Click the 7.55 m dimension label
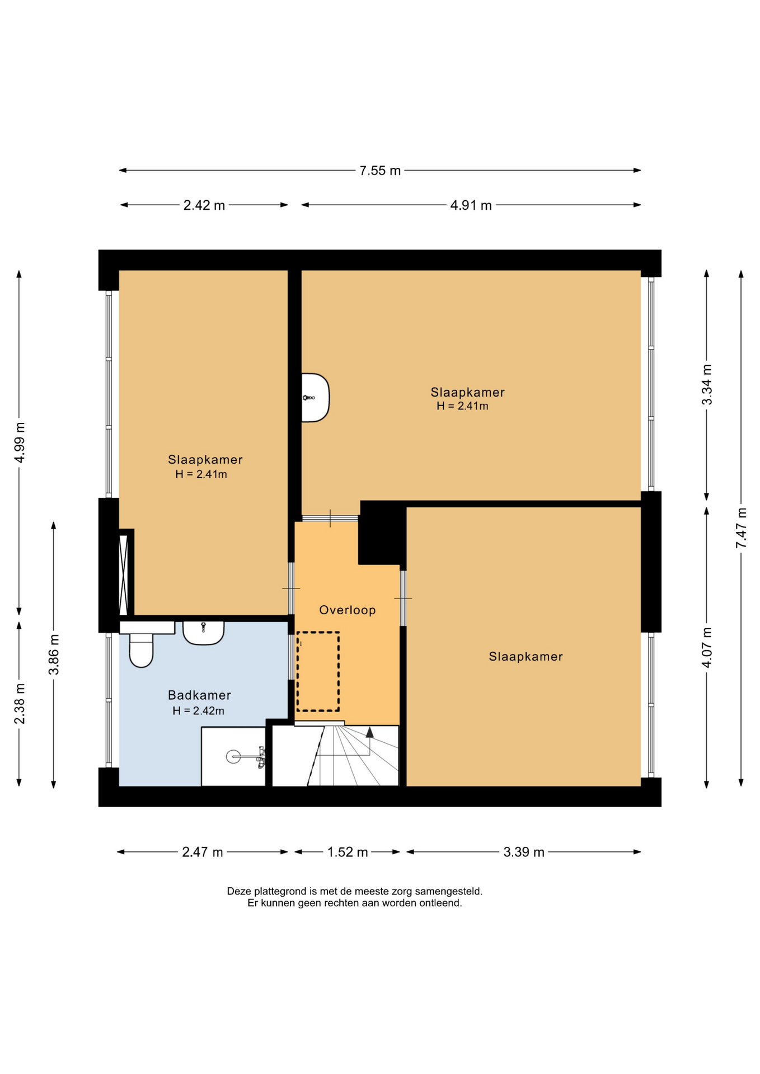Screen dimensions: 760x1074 coord(380,171)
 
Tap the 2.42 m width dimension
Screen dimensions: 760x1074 coord(204,205)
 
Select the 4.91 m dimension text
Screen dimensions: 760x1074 coord(471,205)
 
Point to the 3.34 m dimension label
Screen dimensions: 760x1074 coord(707,385)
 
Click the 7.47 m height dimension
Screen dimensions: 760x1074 coord(742,528)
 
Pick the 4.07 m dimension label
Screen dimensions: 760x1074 coord(707,647)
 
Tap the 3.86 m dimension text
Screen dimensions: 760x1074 coord(54,654)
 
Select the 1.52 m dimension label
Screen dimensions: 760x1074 coord(348,852)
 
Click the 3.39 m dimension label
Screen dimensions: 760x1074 coord(524,852)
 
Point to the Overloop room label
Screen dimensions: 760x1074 coord(348,610)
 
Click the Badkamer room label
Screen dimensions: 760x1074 coord(199,695)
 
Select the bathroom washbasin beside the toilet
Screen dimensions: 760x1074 coord(204,633)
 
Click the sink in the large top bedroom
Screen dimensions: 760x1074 coord(316,397)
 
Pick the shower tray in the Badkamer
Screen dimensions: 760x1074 coord(233,756)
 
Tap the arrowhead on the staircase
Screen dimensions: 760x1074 coord(369,732)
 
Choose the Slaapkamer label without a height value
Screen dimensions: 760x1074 coord(526,657)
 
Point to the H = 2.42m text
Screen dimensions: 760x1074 coord(198,711)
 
